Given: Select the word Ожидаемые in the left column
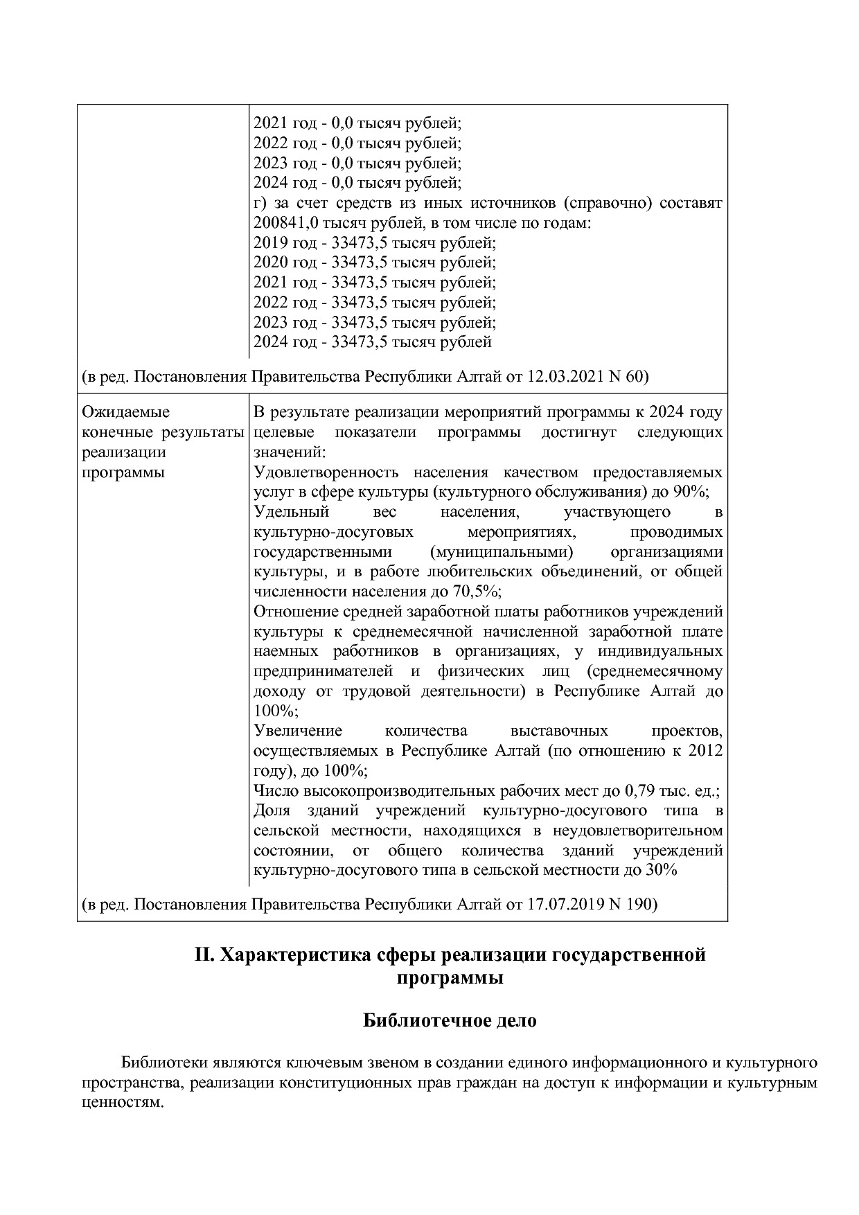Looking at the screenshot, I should (125, 413).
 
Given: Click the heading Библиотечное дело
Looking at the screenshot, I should (450, 1020).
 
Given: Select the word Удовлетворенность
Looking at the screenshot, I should (326, 472).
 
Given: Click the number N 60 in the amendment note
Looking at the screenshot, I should (627, 377).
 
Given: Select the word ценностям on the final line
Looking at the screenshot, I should (123, 1102).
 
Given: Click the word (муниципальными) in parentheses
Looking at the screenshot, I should (502, 552).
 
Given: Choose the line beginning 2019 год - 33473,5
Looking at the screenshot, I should (374, 243).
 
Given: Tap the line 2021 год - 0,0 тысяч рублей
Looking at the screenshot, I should (357, 123).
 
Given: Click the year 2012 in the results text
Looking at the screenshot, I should (706, 751).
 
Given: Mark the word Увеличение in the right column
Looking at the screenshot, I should (298, 731).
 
